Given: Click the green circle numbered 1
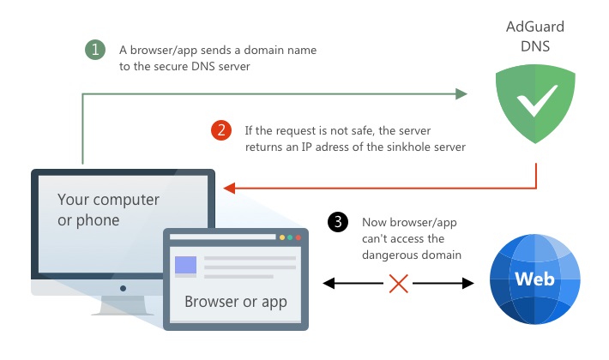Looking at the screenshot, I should (94, 50).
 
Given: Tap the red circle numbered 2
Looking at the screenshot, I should (220, 130).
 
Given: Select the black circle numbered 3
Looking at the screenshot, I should (339, 222).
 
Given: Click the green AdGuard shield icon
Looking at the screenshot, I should (537, 105).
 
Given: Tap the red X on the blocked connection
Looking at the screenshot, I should (398, 282).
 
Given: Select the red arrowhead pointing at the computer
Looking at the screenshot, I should (228, 186).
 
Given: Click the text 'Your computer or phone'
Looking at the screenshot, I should (108, 209).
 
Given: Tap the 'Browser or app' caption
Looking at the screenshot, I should (236, 302).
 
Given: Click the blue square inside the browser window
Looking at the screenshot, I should (186, 265).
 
